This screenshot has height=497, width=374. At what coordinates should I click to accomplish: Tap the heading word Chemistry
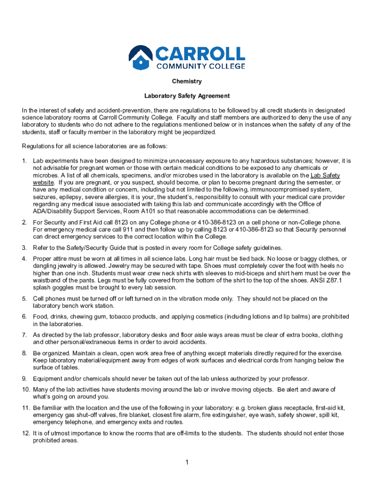[187, 81]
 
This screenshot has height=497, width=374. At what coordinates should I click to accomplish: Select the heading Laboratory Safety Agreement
[187, 96]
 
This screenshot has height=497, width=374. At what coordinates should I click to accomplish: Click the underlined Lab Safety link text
[325, 175]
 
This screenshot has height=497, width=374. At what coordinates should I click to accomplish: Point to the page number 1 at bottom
[187, 462]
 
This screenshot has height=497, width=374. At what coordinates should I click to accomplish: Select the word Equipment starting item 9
[47, 379]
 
